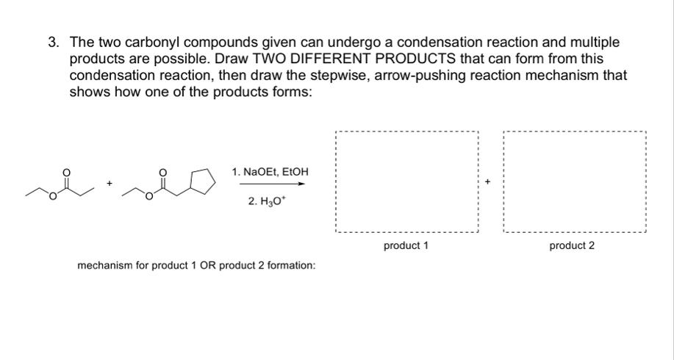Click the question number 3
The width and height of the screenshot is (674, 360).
pos(54,43)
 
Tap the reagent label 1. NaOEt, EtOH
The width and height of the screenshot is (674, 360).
pos(270,172)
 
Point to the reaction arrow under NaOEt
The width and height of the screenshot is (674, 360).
pos(270,184)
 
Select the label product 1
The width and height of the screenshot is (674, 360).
pos(406,245)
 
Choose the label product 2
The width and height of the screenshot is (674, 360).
pos(572,245)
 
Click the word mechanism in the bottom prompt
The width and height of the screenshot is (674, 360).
pos(102,264)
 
